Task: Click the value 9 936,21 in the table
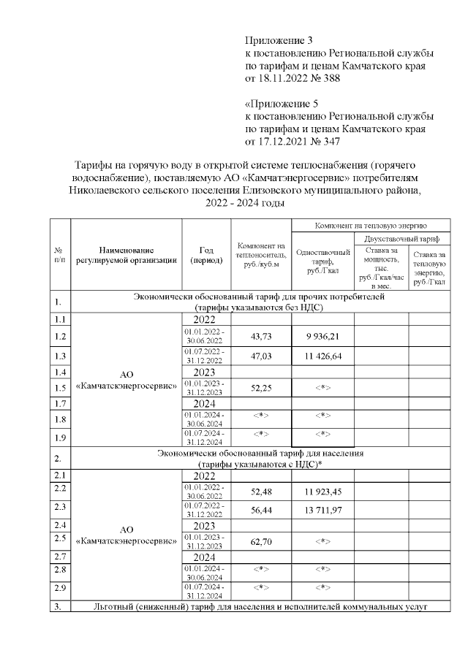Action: (322, 336)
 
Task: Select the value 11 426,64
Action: (322, 356)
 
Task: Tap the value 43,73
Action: (260, 336)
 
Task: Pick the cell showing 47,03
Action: (260, 356)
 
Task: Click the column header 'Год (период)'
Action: (205, 255)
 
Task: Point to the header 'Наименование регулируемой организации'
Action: (126, 255)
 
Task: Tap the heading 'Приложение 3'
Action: (279, 40)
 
